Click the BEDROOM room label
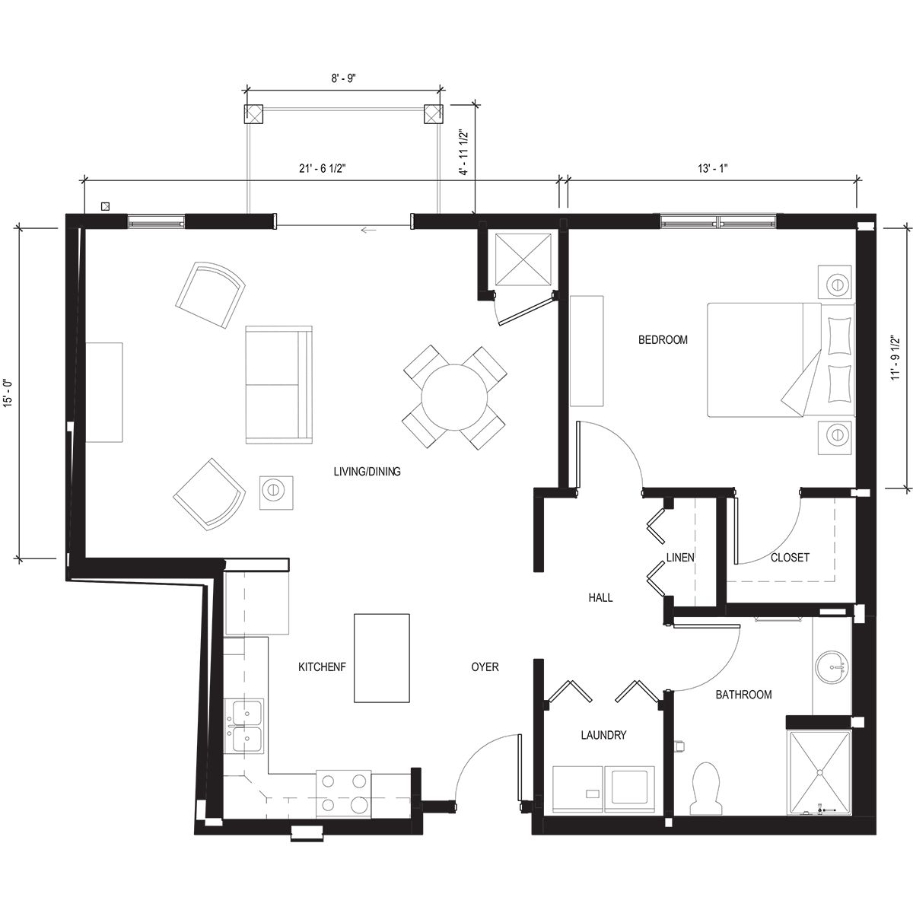tap(662, 340)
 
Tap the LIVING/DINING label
tap(367, 472)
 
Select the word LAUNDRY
tap(603, 735)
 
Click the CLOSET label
tap(790, 558)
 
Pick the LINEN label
tap(679, 558)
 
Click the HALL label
tap(600, 598)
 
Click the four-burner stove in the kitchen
tap(343, 792)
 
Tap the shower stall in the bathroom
tap(820, 772)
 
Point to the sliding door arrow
tap(370, 230)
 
